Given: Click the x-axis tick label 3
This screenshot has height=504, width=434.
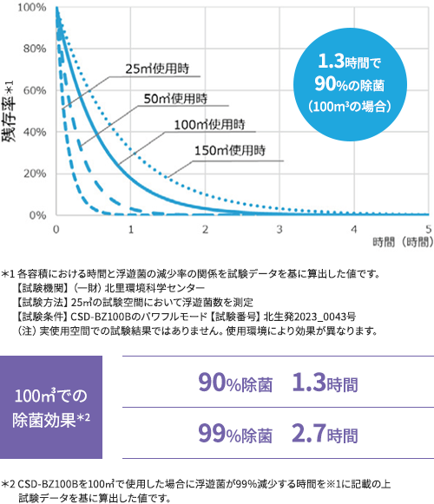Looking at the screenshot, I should pos(280,230).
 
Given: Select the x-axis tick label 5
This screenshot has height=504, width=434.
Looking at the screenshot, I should pos(429,230).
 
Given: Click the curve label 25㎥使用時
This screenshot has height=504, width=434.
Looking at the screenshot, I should pos(155,69).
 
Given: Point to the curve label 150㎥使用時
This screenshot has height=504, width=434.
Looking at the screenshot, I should pos(231,151).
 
